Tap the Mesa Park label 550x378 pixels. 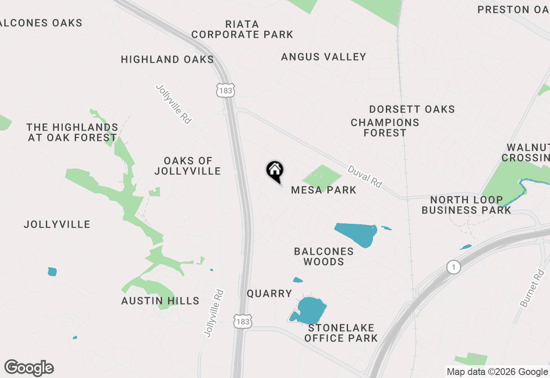[324, 190]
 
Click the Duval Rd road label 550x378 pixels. [365, 177]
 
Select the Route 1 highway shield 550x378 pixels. [453, 267]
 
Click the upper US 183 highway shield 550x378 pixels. [225, 91]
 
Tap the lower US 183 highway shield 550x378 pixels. [243, 321]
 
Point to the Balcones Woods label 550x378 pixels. [324, 256]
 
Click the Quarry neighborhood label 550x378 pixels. [269, 294]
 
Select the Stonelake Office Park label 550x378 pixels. [341, 333]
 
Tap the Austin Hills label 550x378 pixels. [160, 301]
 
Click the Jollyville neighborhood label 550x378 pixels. [57, 224]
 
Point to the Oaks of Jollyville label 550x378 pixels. [188, 166]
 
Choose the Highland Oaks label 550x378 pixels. [167, 59]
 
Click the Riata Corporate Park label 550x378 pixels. [242, 29]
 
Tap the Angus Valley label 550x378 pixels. [324, 57]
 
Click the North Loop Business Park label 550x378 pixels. [466, 205]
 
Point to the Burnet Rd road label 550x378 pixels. [532, 288]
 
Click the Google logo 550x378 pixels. [29, 368]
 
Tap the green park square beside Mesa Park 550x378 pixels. [322, 176]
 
